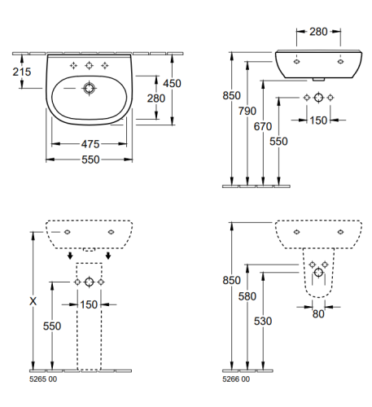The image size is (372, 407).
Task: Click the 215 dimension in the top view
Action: (22, 72)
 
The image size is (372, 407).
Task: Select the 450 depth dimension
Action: (172, 83)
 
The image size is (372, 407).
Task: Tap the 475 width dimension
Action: (90, 144)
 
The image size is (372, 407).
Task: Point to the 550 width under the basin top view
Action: (90, 160)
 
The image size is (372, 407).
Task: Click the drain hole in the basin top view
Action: (89, 88)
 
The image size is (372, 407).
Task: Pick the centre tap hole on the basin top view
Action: (89, 65)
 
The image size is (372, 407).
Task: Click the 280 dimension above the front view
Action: (318, 32)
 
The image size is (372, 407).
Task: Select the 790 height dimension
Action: (247, 111)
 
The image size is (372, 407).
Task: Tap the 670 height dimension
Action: (263, 126)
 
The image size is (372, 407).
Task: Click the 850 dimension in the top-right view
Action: (231, 95)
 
